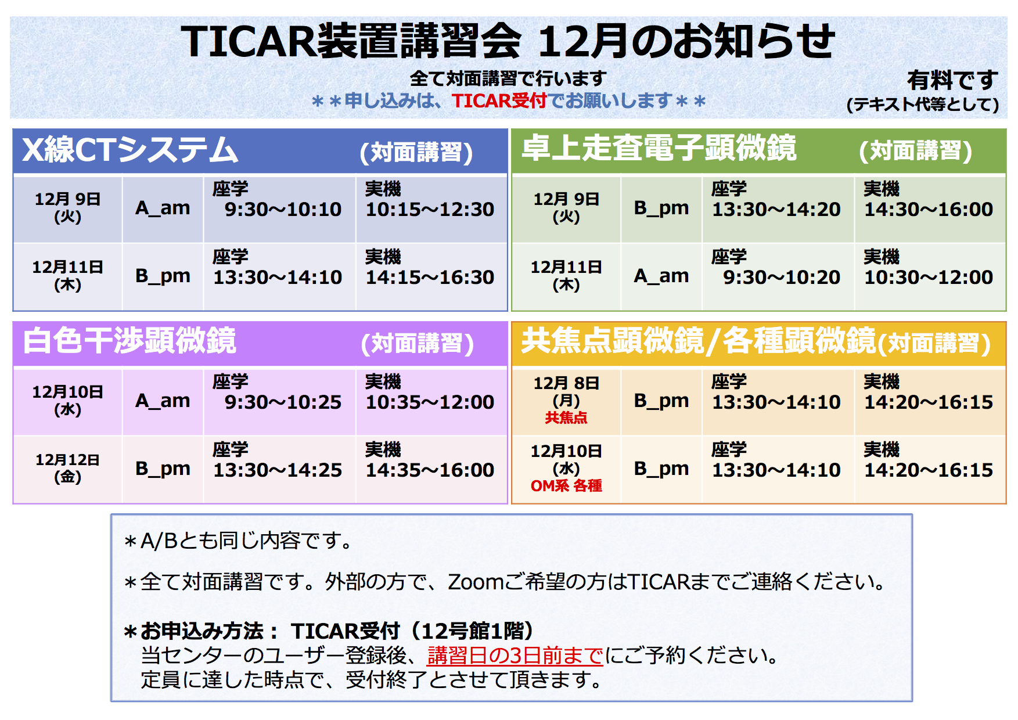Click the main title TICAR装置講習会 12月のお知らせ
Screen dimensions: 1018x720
coord(508,41)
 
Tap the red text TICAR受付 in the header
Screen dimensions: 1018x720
coord(499,101)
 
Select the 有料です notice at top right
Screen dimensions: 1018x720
coord(952,80)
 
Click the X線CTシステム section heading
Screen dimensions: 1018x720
coord(130,150)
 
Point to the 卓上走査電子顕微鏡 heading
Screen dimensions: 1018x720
coord(659,147)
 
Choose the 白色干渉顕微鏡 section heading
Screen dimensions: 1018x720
coord(130,340)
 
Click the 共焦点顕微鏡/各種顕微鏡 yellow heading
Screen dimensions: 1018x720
coord(698,340)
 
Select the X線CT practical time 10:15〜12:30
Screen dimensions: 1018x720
coord(430,209)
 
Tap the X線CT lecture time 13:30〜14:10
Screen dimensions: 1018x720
coord(278,277)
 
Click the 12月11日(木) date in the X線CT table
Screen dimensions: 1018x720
coord(67,276)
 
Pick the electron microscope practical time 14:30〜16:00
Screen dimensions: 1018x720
coord(929,209)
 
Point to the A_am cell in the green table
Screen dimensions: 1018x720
coord(661,276)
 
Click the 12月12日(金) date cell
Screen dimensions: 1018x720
coord(67,469)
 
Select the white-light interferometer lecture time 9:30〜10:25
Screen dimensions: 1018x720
coord(283,402)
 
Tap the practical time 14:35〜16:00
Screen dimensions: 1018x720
coord(430,470)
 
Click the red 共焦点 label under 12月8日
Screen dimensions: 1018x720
coord(566,417)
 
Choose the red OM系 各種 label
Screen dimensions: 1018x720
coord(566,485)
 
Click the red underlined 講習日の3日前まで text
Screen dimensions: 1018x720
coord(515,656)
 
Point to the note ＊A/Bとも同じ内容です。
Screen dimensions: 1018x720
coord(238,541)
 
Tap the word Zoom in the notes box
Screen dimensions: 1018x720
coord(471,581)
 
